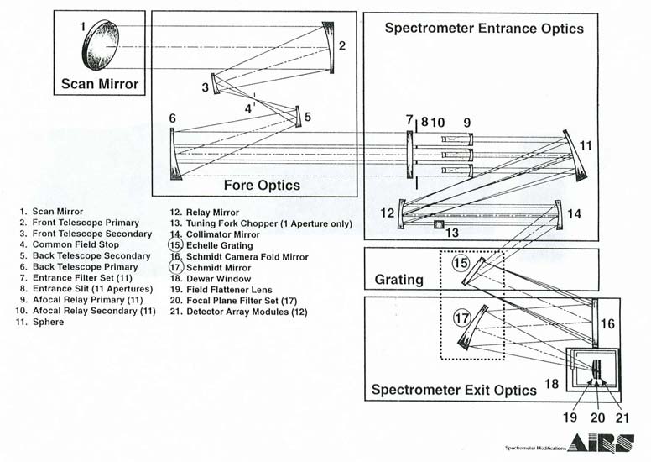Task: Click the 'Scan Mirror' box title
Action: click(x=99, y=84)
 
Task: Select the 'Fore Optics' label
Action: click(x=261, y=185)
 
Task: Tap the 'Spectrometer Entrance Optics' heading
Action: click(x=483, y=28)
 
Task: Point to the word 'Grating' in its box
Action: click(x=398, y=276)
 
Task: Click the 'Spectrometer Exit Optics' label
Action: click(x=453, y=390)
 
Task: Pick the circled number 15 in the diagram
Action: click(x=460, y=263)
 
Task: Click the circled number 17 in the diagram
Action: click(x=461, y=318)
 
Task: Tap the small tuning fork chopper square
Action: click(x=437, y=224)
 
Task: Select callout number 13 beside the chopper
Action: click(x=452, y=233)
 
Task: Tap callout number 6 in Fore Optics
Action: click(x=172, y=119)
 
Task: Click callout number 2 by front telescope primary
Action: click(x=341, y=45)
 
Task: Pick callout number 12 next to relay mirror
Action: click(x=387, y=213)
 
